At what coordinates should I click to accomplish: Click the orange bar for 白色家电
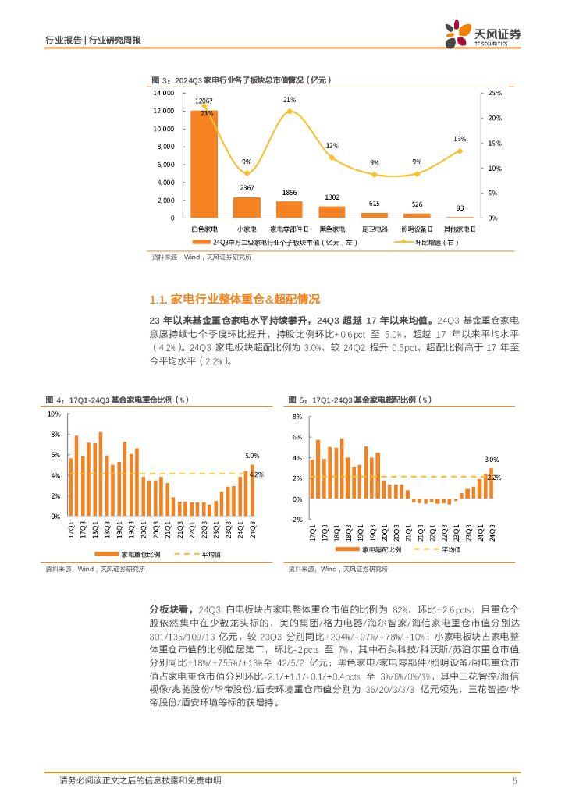pos(204,164)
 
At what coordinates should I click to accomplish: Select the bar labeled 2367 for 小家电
pos(247,207)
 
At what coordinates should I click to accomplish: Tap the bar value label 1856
pos(289,193)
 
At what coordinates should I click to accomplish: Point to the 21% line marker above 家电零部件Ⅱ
pos(290,111)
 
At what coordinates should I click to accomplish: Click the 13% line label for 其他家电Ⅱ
pos(460,138)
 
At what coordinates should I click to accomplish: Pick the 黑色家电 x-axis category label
pos(332,229)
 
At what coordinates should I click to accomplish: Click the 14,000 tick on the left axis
pos(164,92)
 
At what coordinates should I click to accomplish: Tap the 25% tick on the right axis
pos(495,92)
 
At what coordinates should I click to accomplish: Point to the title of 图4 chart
pos(118,399)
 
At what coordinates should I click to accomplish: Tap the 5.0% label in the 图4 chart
pos(251,456)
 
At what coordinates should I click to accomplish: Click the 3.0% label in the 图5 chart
pos(492,460)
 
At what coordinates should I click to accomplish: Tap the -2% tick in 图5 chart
pos(296,520)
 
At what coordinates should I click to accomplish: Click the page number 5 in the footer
pos(514,780)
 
